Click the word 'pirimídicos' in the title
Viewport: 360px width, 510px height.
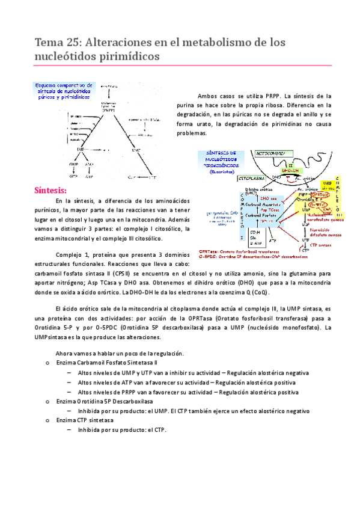[x=126, y=56]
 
